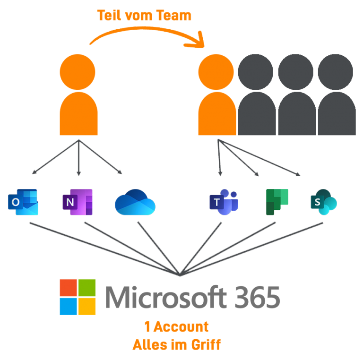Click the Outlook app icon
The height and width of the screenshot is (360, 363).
[x=23, y=202]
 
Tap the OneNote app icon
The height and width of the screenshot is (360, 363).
[x=78, y=202]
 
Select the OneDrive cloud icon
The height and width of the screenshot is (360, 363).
[x=135, y=202]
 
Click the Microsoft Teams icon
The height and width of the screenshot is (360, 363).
[x=224, y=202]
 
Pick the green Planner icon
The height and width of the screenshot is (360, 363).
[x=277, y=202]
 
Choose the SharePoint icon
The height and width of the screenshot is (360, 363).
[x=324, y=202]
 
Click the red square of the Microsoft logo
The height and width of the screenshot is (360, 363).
[x=68, y=288]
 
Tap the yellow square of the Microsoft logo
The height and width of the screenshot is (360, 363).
[x=87, y=307]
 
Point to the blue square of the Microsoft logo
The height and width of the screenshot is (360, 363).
[x=68, y=307]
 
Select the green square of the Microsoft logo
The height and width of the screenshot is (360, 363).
[x=87, y=288]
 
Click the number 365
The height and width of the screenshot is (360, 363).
[x=257, y=297]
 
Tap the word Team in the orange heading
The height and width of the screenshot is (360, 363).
[x=173, y=16]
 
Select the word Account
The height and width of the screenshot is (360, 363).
[x=181, y=326]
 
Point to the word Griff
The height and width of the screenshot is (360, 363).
[x=206, y=344]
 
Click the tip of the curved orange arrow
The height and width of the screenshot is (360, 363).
[x=203, y=46]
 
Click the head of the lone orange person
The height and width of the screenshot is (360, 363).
[x=78, y=72]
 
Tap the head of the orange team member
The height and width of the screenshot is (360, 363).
[x=216, y=72]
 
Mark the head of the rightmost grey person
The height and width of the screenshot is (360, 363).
[x=336, y=72]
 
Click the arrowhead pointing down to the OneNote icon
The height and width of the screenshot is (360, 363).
[x=79, y=174]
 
